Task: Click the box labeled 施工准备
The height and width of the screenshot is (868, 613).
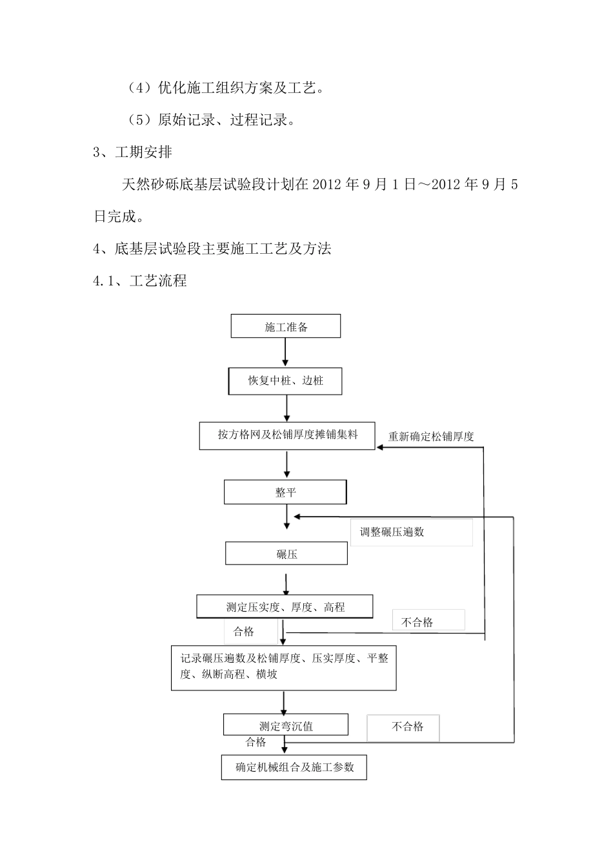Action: tap(286, 327)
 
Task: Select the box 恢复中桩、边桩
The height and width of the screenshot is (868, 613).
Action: tap(285, 381)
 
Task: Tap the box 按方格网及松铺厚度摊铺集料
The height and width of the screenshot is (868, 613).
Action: tap(287, 435)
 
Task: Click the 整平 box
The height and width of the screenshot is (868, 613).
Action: tap(285, 492)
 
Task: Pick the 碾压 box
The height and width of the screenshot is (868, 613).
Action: tap(286, 553)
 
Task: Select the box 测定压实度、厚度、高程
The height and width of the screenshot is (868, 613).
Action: tap(285, 607)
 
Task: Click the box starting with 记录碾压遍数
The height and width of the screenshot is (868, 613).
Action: tap(283, 667)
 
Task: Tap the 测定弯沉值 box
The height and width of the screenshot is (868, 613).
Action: tap(285, 725)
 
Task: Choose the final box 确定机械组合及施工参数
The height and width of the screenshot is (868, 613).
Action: tap(294, 767)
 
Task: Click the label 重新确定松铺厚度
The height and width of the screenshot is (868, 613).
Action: tap(431, 437)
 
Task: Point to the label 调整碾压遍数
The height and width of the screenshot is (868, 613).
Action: tap(392, 532)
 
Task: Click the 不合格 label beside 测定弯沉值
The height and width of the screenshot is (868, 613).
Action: tap(407, 727)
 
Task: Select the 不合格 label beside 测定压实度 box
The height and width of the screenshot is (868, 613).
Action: tap(417, 622)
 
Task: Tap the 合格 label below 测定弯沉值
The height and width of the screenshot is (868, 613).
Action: tap(256, 742)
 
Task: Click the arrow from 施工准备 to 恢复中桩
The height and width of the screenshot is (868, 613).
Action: tap(285, 353)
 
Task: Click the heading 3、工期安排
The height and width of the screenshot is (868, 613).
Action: tap(133, 152)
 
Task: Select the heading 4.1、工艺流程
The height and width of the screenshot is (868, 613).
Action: tap(140, 281)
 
